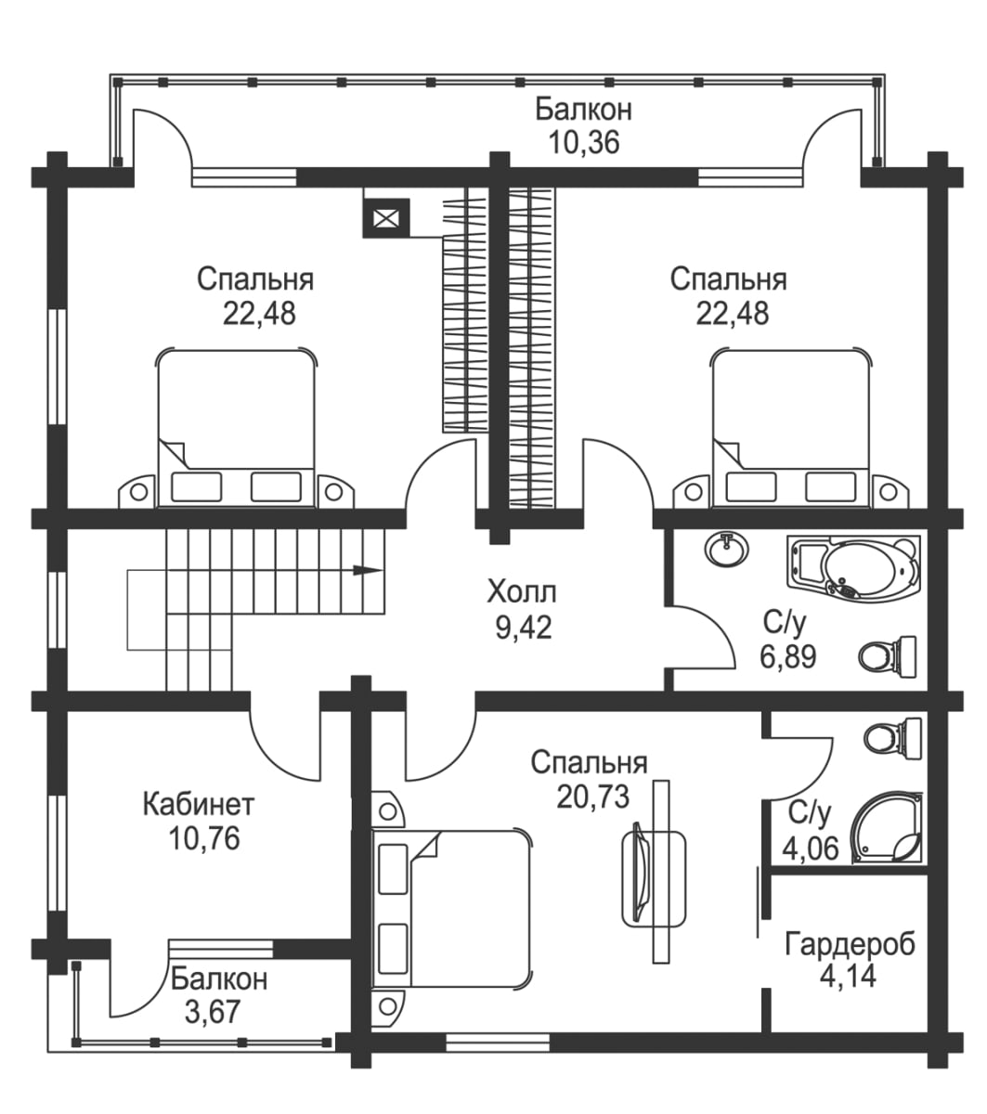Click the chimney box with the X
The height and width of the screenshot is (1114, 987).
pos(385,219)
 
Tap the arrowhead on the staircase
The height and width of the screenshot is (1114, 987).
pos(370,570)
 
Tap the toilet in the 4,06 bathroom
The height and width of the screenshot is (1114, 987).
pos(892,738)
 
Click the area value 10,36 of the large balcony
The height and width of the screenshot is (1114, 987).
pos(583,142)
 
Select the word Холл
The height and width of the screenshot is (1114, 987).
pos(523,590)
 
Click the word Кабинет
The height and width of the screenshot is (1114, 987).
pos(199,803)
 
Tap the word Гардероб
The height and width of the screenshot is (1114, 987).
pos(850,944)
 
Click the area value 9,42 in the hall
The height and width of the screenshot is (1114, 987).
pos(524,628)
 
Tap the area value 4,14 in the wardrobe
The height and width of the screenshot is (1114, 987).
pos(849,976)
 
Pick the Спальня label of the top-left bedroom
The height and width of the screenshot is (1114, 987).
pos(256,278)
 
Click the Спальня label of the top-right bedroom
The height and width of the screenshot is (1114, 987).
pos(729,278)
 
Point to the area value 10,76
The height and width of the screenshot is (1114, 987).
pos(204,838)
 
